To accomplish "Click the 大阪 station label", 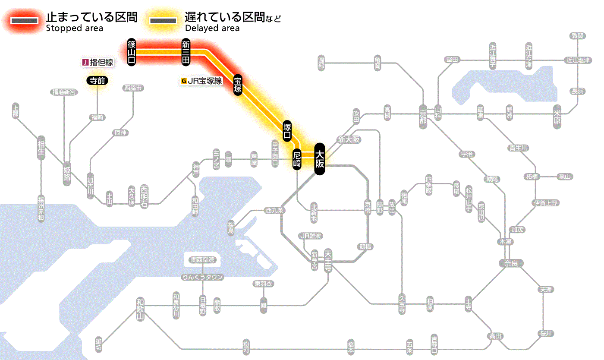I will point(319,159).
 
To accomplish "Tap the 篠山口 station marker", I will point(132,52).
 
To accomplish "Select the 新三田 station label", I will point(186,52).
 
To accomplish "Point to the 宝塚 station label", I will point(238,85).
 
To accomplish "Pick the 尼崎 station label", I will point(297,159).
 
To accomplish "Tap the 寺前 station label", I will point(97,80).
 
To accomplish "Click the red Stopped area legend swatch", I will point(25,21).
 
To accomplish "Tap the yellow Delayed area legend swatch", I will point(163,21).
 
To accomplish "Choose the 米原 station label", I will point(557,117).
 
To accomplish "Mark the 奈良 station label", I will point(511,263).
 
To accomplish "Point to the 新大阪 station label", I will point(349,139).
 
